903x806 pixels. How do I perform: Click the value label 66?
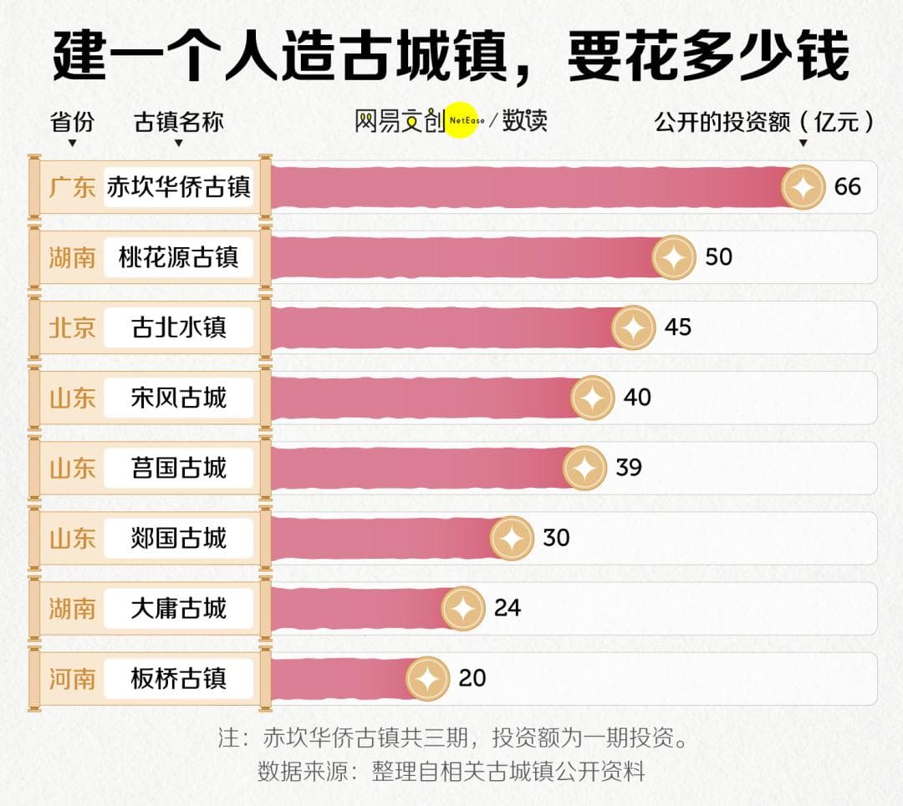(847, 186)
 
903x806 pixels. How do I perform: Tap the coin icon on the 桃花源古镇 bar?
(674, 257)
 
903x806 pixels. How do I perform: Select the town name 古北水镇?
(179, 327)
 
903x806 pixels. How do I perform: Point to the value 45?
(677, 327)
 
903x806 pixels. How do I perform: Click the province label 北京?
(72, 327)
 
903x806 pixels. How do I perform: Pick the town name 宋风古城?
(179, 398)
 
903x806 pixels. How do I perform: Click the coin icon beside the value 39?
(584, 468)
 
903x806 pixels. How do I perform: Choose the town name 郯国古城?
(179, 538)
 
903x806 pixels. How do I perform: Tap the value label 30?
(556, 537)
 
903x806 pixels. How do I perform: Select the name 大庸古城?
(179, 608)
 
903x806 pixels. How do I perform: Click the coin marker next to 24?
(463, 608)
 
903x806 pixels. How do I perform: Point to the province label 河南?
(72, 678)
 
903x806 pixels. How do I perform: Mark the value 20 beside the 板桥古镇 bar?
(472, 677)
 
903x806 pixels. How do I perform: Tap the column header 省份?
(72, 122)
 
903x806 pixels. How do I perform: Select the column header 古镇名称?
(179, 122)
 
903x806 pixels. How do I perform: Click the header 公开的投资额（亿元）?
(764, 122)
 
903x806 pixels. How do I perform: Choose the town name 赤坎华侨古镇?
(179, 187)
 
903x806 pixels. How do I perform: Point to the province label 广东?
(72, 187)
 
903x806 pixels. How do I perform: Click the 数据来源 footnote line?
(451, 770)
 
